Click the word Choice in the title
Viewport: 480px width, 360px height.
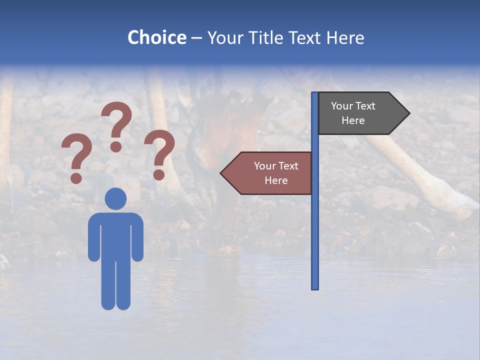pyautogui.click(x=156, y=38)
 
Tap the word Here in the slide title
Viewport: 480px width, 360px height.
pyautogui.click(x=345, y=38)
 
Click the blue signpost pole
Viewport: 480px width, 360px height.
pyautogui.click(x=314, y=225)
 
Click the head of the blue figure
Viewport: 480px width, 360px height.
pyautogui.click(x=115, y=198)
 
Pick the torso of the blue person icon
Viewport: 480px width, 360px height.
pyautogui.click(x=115, y=235)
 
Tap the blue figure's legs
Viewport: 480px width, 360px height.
pyautogui.click(x=115, y=285)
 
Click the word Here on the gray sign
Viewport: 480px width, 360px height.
pyautogui.click(x=353, y=120)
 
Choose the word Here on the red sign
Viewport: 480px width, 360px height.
pyautogui.click(x=276, y=180)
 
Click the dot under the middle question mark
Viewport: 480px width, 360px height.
pyautogui.click(x=116, y=146)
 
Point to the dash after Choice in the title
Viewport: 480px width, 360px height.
pyautogui.click(x=196, y=38)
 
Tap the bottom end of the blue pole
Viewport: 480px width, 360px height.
pyautogui.click(x=314, y=287)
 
